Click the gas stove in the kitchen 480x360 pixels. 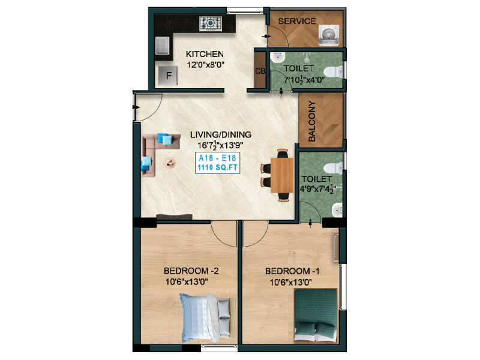click(x=211, y=23)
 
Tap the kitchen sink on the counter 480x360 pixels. click(x=162, y=46)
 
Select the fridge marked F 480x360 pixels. click(x=168, y=76)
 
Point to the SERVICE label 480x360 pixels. click(x=297, y=21)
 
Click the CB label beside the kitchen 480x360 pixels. click(x=260, y=71)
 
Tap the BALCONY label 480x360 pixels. click(x=311, y=121)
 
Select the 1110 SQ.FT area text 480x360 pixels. click(x=217, y=167)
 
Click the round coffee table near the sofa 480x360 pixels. click(x=170, y=163)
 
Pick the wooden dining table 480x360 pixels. click(x=282, y=175)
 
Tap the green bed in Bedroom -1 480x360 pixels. click(x=316, y=315)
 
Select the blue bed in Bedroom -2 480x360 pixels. click(x=205, y=318)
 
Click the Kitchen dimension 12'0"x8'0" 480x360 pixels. click(x=205, y=65)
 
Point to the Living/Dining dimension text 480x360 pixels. click(x=220, y=145)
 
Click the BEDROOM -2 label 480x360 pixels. click(x=191, y=271)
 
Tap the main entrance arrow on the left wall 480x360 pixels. click(x=136, y=107)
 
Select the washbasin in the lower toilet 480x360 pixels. click(x=337, y=210)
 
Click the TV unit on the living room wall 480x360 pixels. click(x=175, y=217)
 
